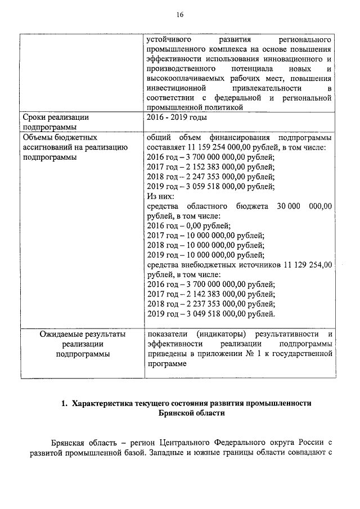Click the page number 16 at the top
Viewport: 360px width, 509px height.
tap(180, 15)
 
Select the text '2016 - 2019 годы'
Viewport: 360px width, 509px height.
tap(176, 118)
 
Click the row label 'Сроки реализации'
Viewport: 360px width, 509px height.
tap(56, 118)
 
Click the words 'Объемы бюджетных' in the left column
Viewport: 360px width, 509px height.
tap(59, 137)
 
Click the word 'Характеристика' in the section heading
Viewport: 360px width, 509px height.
tap(109, 403)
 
